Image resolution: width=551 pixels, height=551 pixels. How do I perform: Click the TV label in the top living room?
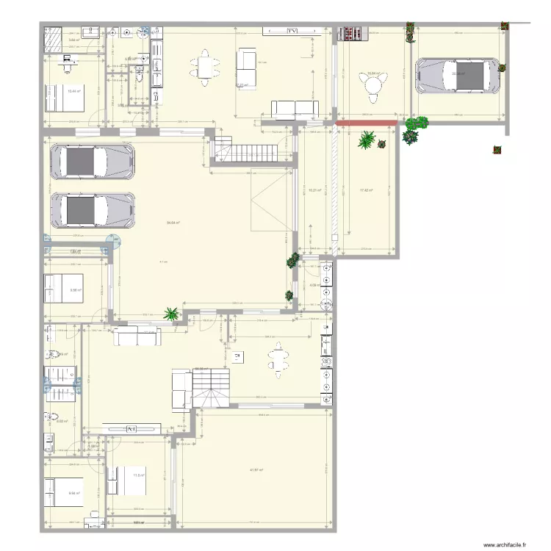pyautogui.click(x=292, y=31)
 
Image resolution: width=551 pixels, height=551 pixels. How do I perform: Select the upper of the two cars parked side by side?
pyautogui.click(x=92, y=161)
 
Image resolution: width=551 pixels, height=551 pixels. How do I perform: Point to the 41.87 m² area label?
pyautogui.click(x=256, y=470)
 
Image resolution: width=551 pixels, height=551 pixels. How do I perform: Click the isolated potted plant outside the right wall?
pyautogui.click(x=498, y=151)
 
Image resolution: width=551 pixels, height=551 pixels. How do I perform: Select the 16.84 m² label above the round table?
pyautogui.click(x=374, y=73)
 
